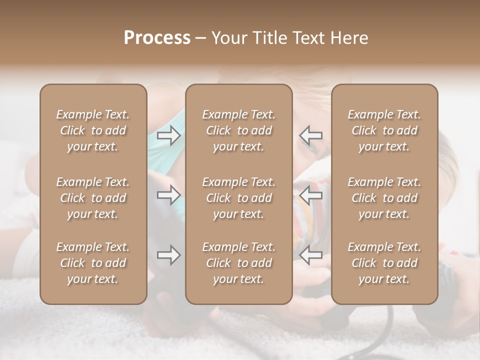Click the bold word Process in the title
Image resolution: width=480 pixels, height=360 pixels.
tap(157, 38)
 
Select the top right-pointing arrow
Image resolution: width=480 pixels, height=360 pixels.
tap(169, 135)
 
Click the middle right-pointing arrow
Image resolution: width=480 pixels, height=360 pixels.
tap(169, 195)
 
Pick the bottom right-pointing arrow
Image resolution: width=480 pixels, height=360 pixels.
tap(169, 255)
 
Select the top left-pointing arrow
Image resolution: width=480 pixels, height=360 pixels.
tap(310, 135)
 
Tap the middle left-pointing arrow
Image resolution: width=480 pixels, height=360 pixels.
tap(310, 195)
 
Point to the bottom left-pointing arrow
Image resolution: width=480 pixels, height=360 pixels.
tap(310, 255)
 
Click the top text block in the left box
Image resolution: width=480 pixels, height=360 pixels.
tap(93, 130)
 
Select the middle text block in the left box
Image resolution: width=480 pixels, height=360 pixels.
tap(93, 198)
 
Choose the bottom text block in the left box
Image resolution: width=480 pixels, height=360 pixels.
tap(93, 263)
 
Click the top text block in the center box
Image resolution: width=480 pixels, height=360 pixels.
tap(238, 130)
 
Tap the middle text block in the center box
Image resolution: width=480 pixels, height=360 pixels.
tap(238, 198)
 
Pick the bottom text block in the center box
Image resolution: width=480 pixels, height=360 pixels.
tap(238, 263)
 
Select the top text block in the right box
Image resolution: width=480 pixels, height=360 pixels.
tap(384, 130)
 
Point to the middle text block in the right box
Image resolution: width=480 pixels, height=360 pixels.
tap(384, 198)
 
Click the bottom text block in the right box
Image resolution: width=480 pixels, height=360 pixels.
tap(384, 263)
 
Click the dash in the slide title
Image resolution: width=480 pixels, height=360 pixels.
tap(201, 38)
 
